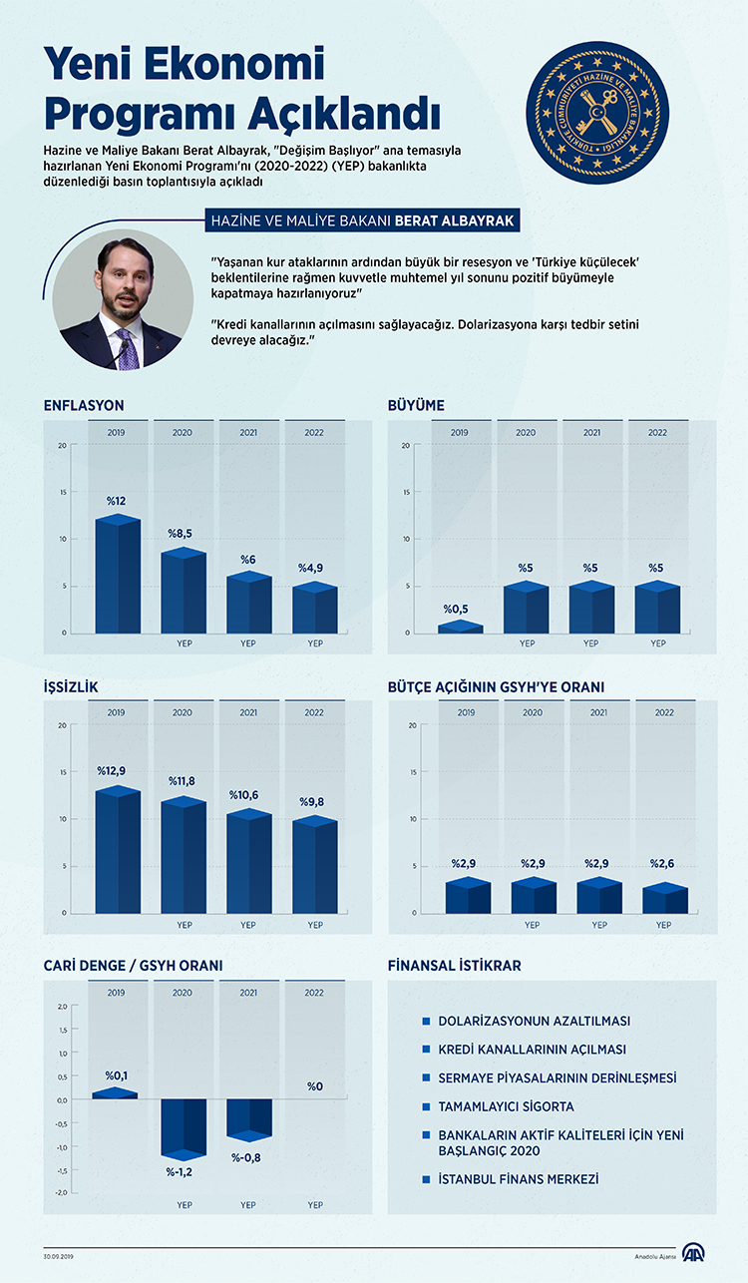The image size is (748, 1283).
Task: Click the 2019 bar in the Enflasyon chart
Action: (118, 576)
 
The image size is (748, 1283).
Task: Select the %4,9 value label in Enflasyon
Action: (311, 568)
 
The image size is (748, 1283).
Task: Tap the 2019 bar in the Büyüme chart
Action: (460, 628)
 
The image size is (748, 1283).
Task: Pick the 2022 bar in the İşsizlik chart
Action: (315, 866)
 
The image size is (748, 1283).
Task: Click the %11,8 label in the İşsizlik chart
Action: (183, 781)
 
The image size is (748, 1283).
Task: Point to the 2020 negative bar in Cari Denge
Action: (184, 1127)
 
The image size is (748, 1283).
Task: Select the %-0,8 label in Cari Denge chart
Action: (248, 1157)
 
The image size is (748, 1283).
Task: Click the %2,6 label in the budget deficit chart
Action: (663, 863)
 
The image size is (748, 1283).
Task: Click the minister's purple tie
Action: (127, 350)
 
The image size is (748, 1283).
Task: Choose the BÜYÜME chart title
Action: (416, 405)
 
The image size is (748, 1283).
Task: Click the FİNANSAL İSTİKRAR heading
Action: (454, 966)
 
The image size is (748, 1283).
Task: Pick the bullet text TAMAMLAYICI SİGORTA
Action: (506, 1106)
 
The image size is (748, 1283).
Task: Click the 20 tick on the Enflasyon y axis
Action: (62, 445)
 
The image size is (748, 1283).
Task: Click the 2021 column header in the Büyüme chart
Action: (591, 433)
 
